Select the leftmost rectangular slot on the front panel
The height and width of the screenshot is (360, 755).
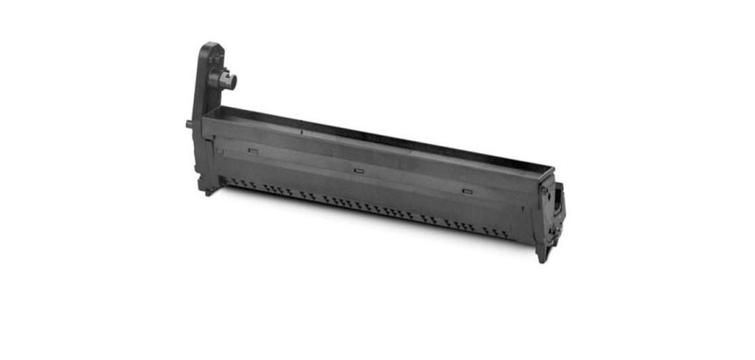(x=253, y=150)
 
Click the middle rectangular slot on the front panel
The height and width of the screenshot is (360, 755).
(x=357, y=169)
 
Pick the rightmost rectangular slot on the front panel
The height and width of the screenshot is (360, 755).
(x=466, y=190)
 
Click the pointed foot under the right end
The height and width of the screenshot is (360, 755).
(x=542, y=254)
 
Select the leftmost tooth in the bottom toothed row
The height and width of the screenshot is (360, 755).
(x=230, y=182)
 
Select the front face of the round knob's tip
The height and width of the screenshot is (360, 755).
(x=234, y=81)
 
